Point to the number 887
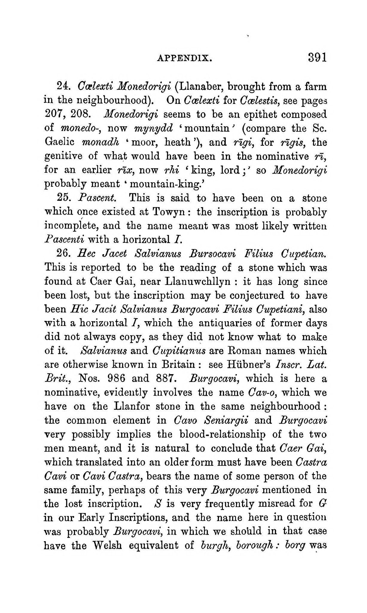click(x=165, y=379)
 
